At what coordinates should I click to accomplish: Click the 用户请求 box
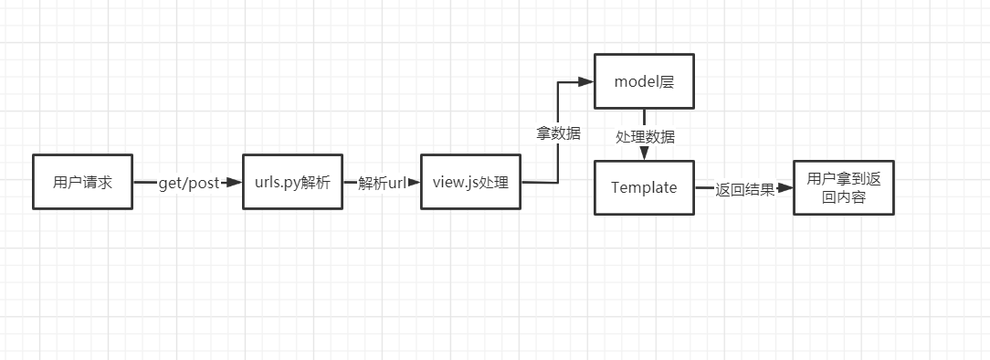click(82, 182)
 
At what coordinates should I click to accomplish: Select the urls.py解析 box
click(291, 182)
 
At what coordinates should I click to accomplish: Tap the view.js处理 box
click(470, 182)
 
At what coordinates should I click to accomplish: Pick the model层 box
click(644, 81)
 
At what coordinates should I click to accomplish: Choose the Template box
click(644, 187)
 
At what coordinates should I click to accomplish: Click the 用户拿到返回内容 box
click(844, 187)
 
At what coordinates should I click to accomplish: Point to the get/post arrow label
click(189, 183)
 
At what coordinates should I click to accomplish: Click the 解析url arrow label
click(382, 183)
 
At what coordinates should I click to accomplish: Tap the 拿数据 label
click(558, 132)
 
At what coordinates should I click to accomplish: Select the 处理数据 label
click(645, 136)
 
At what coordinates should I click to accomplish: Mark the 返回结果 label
click(745, 189)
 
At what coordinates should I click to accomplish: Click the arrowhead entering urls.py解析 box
click(236, 183)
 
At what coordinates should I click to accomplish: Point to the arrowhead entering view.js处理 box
click(414, 183)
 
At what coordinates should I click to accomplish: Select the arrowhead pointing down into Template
click(645, 154)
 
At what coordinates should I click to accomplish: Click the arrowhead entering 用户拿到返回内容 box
click(786, 189)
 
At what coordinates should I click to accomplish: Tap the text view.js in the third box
click(454, 182)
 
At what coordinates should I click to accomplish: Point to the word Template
click(644, 187)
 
